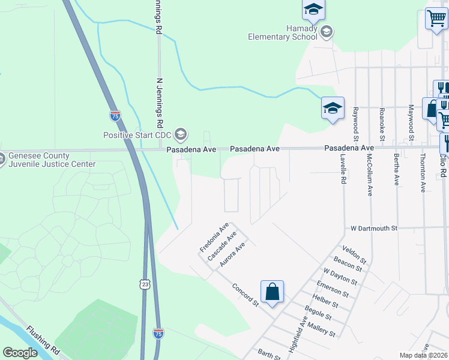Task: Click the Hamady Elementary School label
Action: point(282,32)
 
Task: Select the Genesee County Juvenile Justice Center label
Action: point(52,160)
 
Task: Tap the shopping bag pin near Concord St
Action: point(272,292)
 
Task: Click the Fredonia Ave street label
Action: point(214,238)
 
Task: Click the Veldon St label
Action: point(354,253)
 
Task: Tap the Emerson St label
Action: point(333,288)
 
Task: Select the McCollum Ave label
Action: point(370,175)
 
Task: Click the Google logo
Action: point(20,353)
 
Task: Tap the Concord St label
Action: point(246,295)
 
